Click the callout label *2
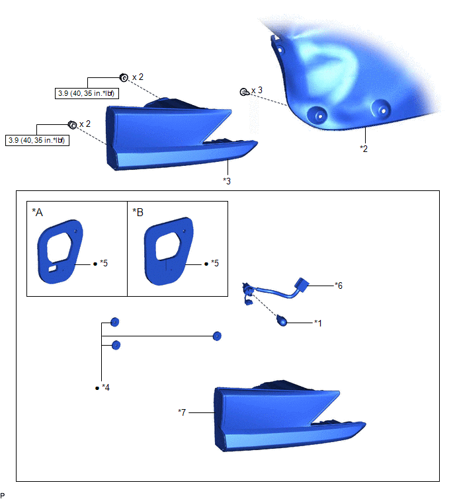click(364, 149)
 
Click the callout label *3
click(227, 180)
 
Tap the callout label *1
click(319, 323)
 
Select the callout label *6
click(340, 286)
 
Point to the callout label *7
click(183, 412)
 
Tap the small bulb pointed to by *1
click(282, 322)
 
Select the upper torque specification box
click(89, 93)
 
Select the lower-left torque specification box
click(37, 140)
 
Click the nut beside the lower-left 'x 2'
click(71, 124)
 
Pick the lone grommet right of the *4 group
click(216, 336)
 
